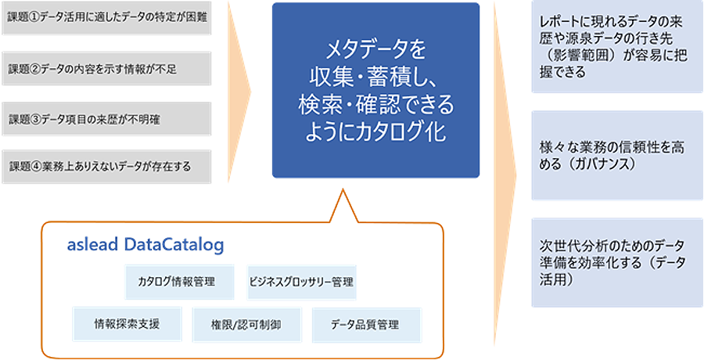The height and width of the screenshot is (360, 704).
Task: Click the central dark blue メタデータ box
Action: point(375,90)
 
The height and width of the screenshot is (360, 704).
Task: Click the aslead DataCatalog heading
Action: point(145,244)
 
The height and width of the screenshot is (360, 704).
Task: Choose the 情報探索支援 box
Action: point(127,323)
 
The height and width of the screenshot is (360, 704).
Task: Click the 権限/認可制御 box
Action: point(246,324)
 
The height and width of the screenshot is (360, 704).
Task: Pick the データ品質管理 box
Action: point(365,324)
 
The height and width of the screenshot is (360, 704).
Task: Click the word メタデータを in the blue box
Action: point(375,52)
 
